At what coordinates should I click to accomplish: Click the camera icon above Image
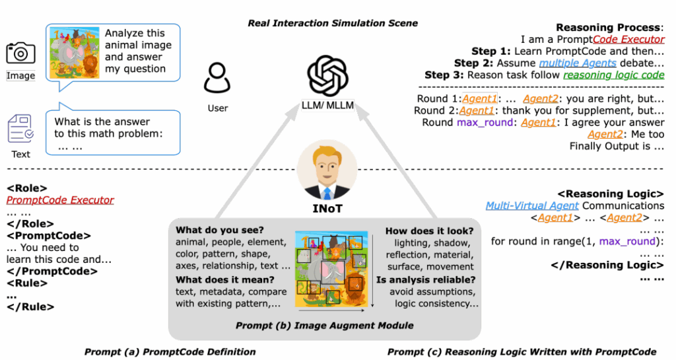(x=20, y=54)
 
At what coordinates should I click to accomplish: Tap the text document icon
(x=20, y=129)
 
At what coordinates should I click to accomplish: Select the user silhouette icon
(x=217, y=77)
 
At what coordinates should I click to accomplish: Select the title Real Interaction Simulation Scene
(x=333, y=23)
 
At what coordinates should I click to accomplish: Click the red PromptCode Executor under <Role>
(x=60, y=200)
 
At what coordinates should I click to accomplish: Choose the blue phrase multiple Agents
(x=578, y=63)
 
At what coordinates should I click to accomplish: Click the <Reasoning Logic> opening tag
(x=610, y=194)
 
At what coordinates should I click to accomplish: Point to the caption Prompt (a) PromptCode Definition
(x=170, y=351)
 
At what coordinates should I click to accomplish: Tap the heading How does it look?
(x=429, y=231)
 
